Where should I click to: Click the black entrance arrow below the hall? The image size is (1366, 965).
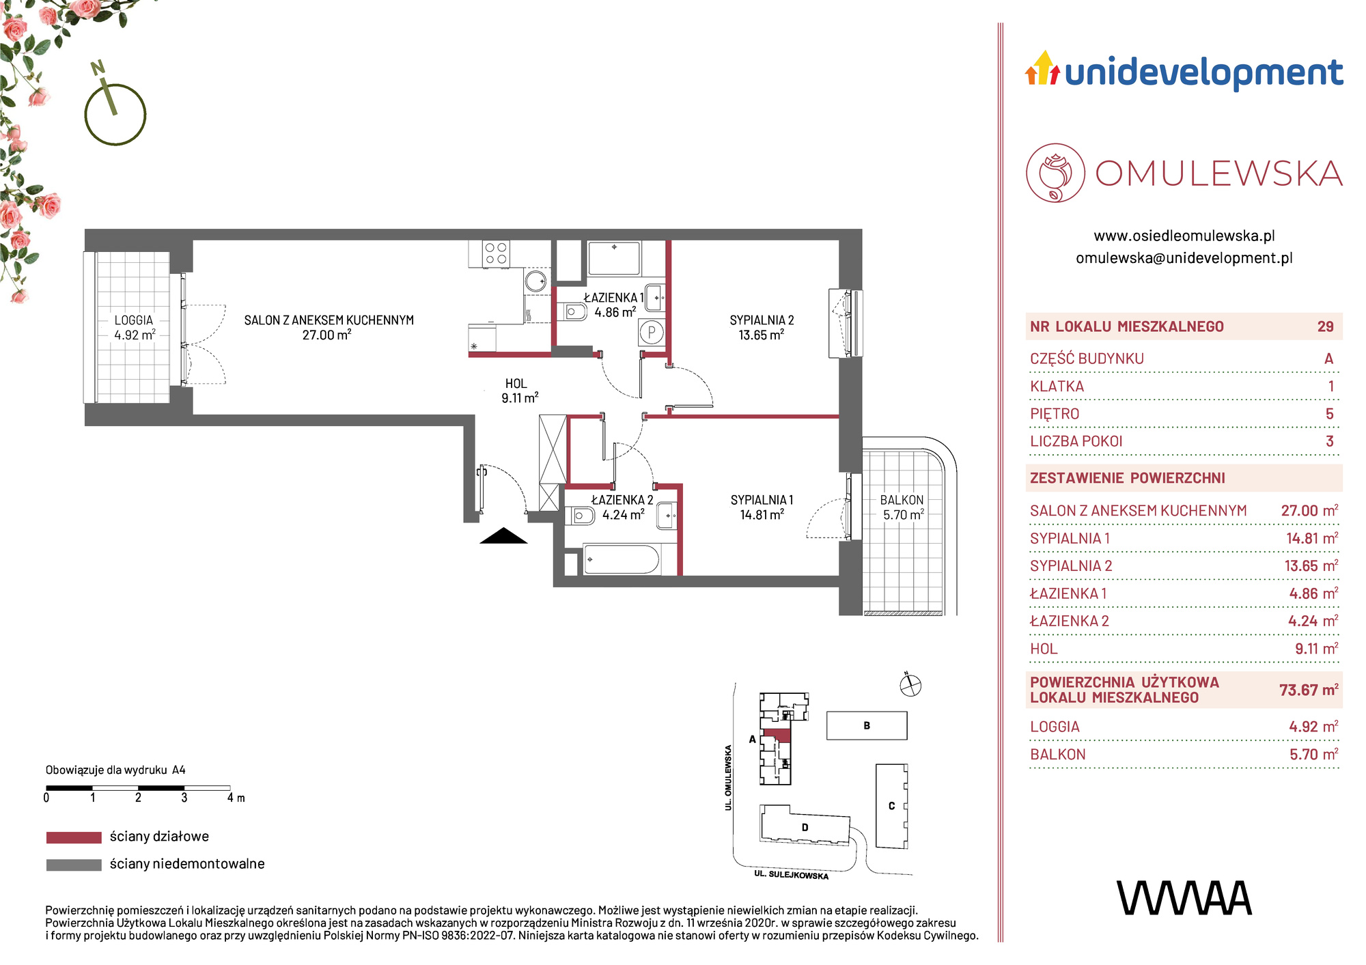pos(503,536)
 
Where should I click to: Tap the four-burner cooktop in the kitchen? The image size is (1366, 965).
pos(497,253)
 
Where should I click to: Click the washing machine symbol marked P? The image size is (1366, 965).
pos(652,333)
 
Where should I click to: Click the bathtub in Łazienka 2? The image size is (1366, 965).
pos(621,560)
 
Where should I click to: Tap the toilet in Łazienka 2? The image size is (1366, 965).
pos(581,516)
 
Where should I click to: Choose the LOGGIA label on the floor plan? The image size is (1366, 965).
pos(134,320)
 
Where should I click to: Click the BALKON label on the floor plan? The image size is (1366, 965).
pos(902,500)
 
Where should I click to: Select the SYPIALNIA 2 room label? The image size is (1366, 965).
pos(762,320)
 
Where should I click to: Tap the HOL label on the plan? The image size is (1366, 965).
pos(516,384)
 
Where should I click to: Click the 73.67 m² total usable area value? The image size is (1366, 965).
pos(1309,690)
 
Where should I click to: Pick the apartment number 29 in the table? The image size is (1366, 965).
pos(1325,326)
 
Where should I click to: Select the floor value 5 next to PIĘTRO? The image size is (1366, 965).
pos(1329,414)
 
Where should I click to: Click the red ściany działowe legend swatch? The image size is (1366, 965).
pos(74,837)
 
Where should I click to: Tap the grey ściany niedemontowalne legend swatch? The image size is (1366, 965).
pos(74,865)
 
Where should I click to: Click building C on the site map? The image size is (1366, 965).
pos(892,806)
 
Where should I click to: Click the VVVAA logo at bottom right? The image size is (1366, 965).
pos(1184,898)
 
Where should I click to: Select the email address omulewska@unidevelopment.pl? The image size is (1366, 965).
pos(1184,258)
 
